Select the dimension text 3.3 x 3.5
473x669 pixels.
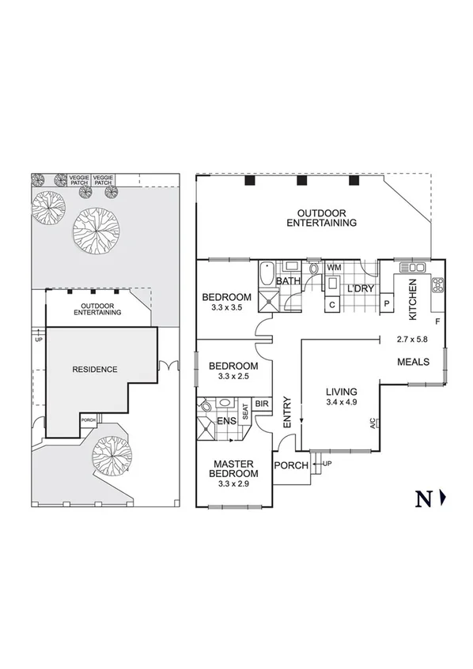click(x=226, y=308)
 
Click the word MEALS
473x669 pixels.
click(x=413, y=362)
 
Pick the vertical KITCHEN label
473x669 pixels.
click(x=411, y=299)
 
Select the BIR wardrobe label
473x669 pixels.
click(x=262, y=403)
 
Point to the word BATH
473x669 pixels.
click(x=287, y=280)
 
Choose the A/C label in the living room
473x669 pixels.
click(x=373, y=423)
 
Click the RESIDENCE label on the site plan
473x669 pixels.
click(x=95, y=369)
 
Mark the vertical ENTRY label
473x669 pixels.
click(x=287, y=412)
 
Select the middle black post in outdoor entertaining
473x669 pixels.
click(x=301, y=181)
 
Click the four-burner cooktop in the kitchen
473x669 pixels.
click(x=437, y=285)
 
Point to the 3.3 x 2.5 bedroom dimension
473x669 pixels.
click(x=233, y=377)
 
